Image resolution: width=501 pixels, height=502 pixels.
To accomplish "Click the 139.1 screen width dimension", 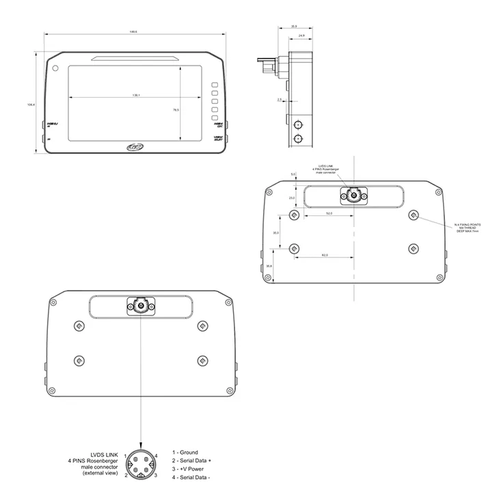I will pyautogui.click(x=137, y=95).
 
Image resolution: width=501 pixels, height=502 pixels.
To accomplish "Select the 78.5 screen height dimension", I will pyautogui.click(x=176, y=109).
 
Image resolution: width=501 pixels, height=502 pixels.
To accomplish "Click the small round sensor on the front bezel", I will pyautogui.click(x=55, y=68).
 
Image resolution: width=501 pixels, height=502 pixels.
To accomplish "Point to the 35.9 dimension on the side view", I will pyautogui.click(x=294, y=26).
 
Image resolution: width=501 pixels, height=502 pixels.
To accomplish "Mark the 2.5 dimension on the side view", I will pyautogui.click(x=280, y=100).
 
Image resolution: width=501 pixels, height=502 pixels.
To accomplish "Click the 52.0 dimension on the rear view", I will pyautogui.click(x=329, y=214).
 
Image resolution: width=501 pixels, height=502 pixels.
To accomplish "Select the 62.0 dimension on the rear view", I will pyautogui.click(x=324, y=255).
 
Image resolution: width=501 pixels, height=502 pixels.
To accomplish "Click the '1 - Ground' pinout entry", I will pyautogui.click(x=185, y=452).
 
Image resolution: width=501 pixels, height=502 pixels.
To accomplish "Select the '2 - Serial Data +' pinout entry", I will pyautogui.click(x=192, y=461).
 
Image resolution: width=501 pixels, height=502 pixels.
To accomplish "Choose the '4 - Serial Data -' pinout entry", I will pyautogui.click(x=191, y=477).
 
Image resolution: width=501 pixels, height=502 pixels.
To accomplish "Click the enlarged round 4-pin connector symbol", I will pyautogui.click(x=141, y=464).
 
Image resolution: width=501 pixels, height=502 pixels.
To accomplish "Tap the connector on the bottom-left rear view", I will pyautogui.click(x=140, y=306).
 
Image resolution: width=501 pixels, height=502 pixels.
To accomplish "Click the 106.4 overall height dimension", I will pyautogui.click(x=31, y=105).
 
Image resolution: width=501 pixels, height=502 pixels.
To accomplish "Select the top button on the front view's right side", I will pyautogui.click(x=214, y=86).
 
